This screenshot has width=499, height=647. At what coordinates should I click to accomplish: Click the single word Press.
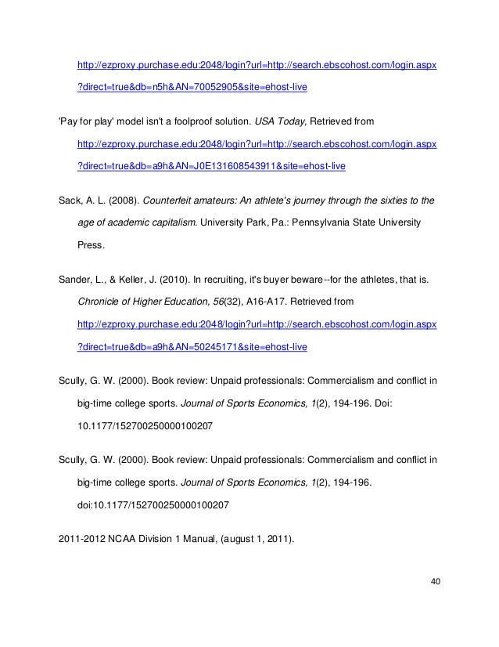(91, 244)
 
